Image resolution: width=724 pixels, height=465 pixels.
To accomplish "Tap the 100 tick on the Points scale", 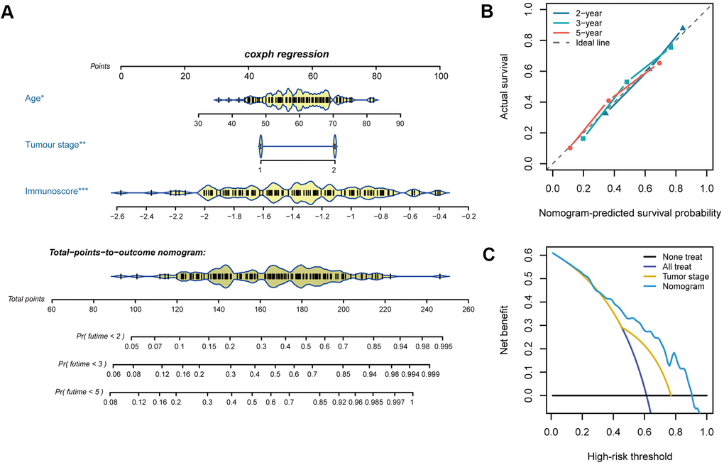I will pos(441,75).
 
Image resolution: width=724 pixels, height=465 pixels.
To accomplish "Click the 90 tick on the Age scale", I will pos(400,123).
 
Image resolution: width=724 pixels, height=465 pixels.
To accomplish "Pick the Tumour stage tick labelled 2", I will pos(335,170).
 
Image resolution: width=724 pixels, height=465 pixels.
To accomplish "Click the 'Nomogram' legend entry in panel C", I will pos(681,286).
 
